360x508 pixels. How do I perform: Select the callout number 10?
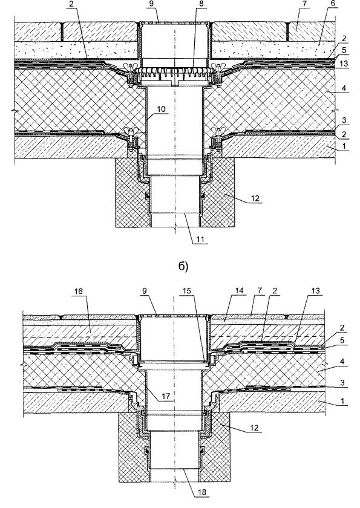point(161,109)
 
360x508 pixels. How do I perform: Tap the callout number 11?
point(201,240)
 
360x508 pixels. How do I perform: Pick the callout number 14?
point(240,291)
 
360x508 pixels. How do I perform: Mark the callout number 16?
point(79,291)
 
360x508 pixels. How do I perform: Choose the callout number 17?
point(167,396)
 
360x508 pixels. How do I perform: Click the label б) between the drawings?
point(183,266)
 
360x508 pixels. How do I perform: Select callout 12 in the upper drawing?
point(255,198)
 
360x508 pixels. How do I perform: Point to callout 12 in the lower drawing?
point(254,428)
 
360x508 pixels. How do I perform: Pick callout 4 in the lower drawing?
point(343,368)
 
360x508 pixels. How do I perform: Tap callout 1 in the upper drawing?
point(344,146)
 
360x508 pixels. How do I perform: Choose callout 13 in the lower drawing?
point(315,291)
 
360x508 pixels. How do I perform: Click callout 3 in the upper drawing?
point(344,120)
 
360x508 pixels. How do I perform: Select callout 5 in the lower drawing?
point(343,350)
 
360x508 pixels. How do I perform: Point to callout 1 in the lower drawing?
point(343,402)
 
